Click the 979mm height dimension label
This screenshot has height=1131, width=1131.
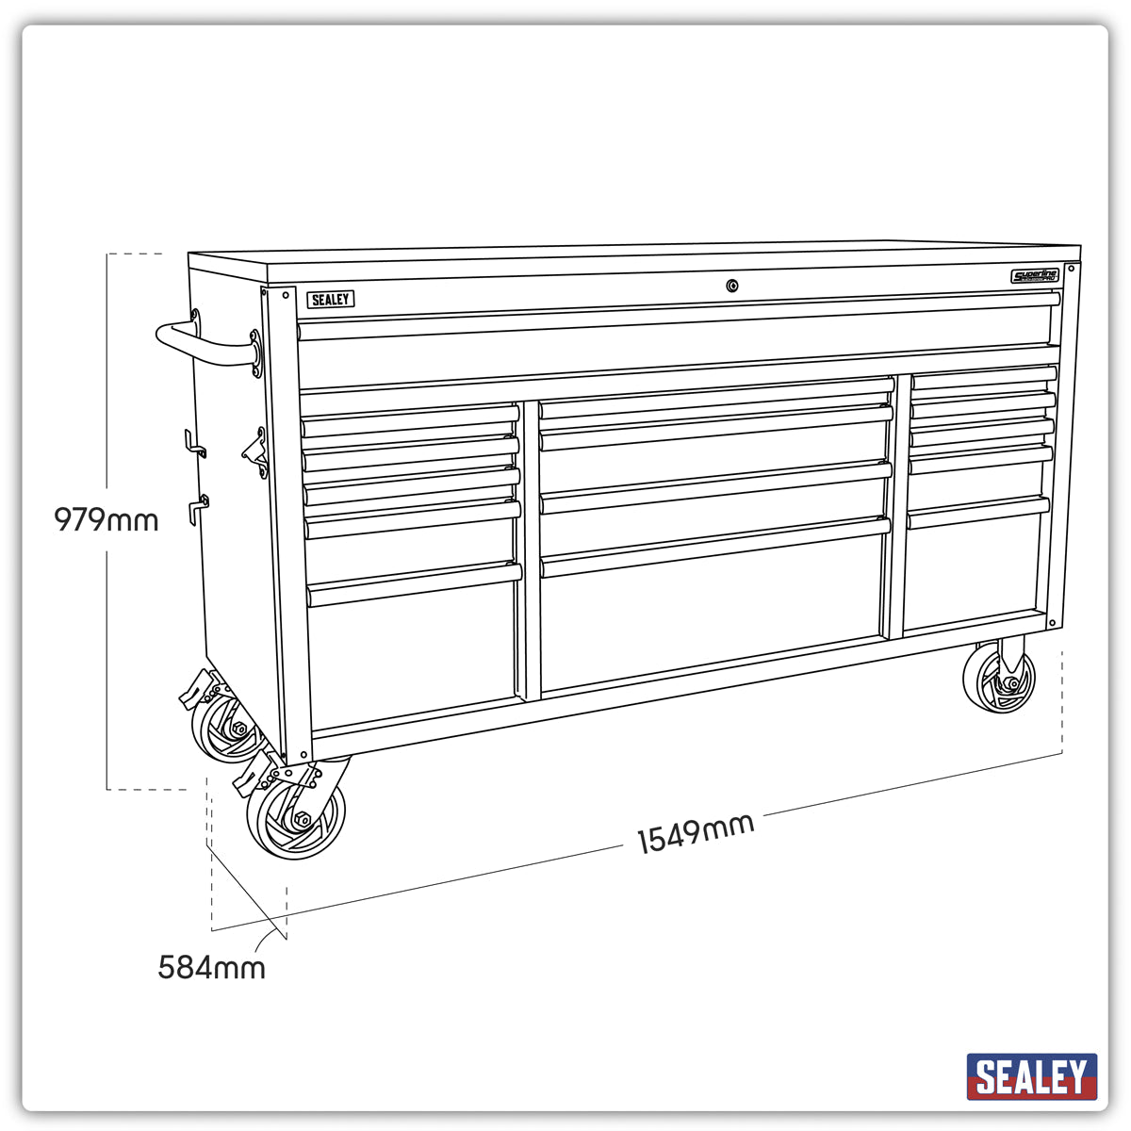tap(106, 519)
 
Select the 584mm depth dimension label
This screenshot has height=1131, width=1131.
tap(211, 967)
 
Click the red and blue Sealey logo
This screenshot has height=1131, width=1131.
tap(1032, 1076)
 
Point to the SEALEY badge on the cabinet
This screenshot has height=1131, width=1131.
tap(330, 300)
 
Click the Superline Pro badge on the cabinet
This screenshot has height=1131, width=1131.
tap(1035, 276)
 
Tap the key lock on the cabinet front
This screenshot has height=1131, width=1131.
tap(732, 286)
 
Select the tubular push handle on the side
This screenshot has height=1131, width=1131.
tap(203, 344)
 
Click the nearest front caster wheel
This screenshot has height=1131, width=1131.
tap(296, 818)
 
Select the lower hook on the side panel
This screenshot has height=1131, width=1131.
tap(198, 507)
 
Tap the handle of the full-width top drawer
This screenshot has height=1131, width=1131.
tap(679, 314)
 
